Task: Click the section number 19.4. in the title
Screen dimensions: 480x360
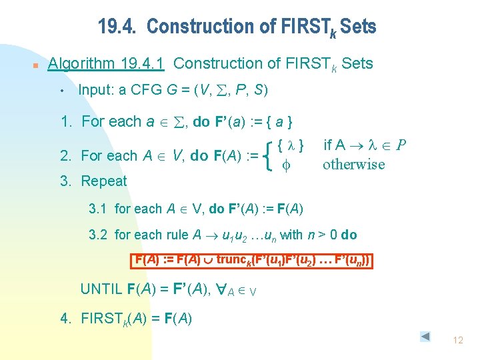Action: [x=117, y=27]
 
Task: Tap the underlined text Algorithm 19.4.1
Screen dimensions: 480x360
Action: [x=107, y=64]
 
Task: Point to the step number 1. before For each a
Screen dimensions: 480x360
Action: [x=67, y=122]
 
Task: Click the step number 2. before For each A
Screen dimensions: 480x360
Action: [x=67, y=156]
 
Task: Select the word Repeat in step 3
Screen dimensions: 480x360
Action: [x=104, y=181]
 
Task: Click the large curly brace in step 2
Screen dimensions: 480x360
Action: [x=267, y=155]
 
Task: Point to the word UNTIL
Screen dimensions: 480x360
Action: [x=101, y=289]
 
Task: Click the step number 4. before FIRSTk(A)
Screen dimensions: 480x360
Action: [x=66, y=318]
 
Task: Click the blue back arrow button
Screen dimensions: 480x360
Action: [x=425, y=337]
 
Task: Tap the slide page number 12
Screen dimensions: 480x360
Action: [x=457, y=341]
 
